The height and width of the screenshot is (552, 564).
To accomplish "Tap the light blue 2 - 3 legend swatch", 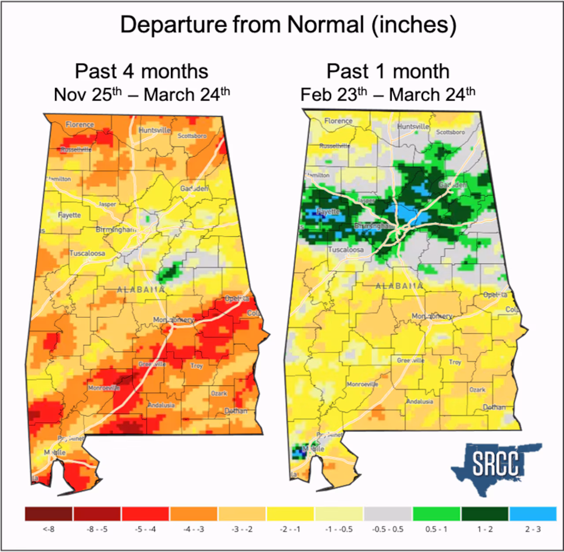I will [x=533, y=514].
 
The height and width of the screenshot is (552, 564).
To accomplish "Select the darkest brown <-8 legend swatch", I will [x=48, y=514].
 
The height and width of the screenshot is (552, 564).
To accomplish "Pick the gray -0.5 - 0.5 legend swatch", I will [x=388, y=514].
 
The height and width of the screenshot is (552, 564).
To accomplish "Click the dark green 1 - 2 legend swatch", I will [x=485, y=514].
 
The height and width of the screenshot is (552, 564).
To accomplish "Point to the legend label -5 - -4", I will [x=145, y=529].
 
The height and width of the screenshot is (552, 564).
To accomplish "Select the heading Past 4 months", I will [x=141, y=71].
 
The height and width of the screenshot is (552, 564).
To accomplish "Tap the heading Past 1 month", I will [x=388, y=71].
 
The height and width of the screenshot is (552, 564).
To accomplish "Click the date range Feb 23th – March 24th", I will [x=388, y=94].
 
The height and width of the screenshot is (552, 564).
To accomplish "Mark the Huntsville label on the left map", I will [x=154, y=130].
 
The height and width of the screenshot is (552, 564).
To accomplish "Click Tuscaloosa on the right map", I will [x=346, y=250].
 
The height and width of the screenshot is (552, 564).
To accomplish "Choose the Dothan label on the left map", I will [x=236, y=411].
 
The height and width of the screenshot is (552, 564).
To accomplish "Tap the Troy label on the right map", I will [x=455, y=362].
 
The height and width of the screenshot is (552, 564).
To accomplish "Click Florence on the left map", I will [x=80, y=125].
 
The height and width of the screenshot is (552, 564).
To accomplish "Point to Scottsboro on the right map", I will [x=450, y=132].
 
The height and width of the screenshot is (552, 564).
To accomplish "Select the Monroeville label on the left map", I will [x=104, y=388].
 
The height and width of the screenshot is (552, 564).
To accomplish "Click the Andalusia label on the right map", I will [x=419, y=401].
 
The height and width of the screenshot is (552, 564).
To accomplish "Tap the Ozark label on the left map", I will [x=219, y=393].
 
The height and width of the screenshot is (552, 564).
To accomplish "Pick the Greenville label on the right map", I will [x=411, y=360].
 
